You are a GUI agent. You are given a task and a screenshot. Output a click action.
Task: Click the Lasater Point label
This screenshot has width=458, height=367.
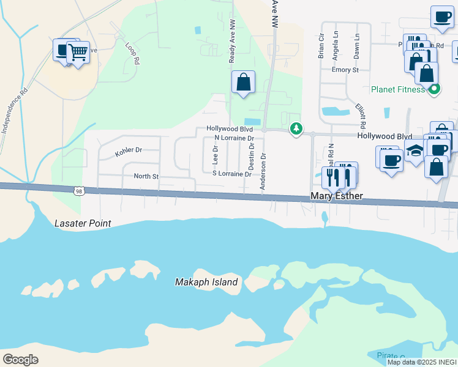(83, 223)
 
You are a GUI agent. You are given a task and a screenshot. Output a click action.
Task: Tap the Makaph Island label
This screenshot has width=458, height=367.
(206, 282)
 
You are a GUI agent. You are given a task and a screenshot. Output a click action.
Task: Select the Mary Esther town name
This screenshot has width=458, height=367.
(337, 196)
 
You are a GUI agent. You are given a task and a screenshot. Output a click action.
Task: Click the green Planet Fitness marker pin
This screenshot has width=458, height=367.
(434, 89)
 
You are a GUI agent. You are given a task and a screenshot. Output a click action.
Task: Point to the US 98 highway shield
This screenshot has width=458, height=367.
(78, 191)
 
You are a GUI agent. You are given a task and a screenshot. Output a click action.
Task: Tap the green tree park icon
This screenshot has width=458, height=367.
(296, 128)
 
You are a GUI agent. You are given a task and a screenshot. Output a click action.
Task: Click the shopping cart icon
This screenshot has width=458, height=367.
(78, 53)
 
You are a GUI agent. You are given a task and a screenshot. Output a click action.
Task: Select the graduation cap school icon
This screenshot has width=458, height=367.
(415, 151)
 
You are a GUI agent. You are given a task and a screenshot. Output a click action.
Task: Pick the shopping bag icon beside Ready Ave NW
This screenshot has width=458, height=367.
(243, 82)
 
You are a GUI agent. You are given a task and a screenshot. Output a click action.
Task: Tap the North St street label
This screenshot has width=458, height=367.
(146, 176)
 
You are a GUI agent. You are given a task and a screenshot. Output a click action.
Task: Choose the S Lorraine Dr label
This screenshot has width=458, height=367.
(232, 174)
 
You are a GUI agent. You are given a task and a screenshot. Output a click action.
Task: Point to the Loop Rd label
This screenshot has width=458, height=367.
(132, 53)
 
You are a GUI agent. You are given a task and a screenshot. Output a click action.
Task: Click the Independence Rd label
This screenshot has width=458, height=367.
(15, 113)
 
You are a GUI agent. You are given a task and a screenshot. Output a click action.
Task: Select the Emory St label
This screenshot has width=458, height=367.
(345, 70)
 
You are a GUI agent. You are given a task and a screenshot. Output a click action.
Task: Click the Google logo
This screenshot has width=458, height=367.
(20, 359)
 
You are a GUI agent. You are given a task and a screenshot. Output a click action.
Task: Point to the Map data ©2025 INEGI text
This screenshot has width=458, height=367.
(421, 362)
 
